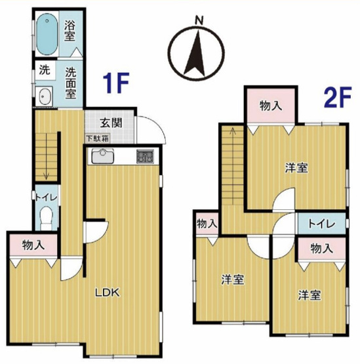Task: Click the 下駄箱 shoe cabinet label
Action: point(97,138)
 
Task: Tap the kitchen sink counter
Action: point(102,157)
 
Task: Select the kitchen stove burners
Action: point(145,157)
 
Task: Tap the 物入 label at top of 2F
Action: point(271,105)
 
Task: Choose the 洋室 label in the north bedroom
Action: point(296,167)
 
